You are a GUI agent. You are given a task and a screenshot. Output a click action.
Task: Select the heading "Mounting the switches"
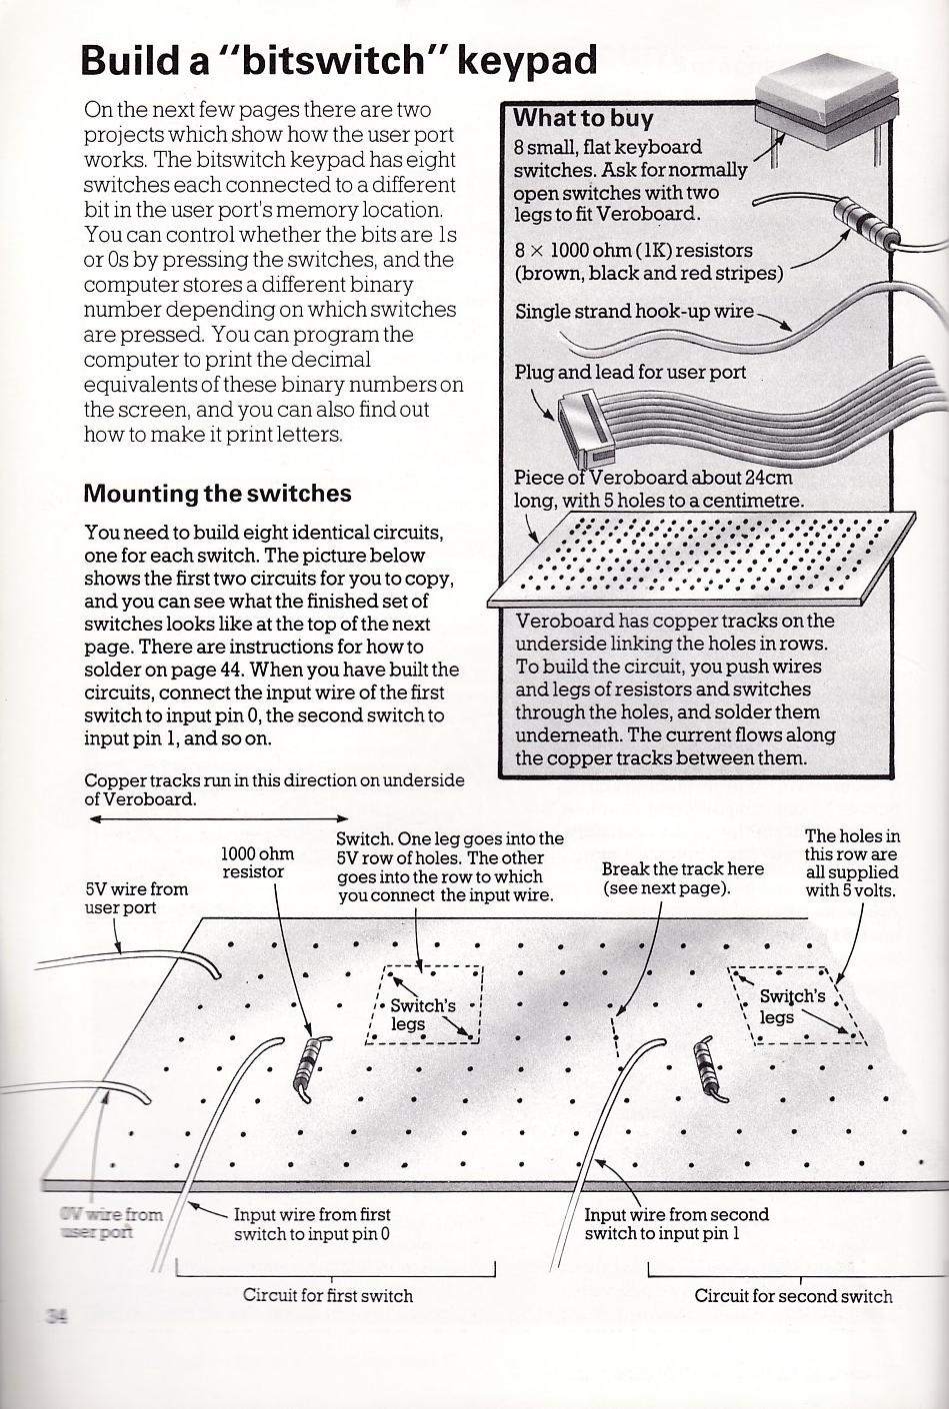[217, 494]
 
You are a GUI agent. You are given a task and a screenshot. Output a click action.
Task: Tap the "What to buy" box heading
[583, 118]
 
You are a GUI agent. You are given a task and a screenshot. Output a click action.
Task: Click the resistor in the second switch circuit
[710, 1070]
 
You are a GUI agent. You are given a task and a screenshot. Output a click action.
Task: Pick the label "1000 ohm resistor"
[257, 862]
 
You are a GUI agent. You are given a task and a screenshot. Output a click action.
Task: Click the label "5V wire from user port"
[136, 897]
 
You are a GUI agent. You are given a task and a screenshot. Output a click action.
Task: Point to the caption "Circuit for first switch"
[327, 1295]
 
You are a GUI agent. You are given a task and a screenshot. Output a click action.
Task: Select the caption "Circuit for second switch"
[793, 1296]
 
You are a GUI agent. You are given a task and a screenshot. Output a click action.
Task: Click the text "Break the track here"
[682, 869]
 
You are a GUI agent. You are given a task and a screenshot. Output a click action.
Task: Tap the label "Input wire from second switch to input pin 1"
[676, 1223]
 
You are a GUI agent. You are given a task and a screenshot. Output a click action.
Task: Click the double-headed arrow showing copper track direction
[218, 818]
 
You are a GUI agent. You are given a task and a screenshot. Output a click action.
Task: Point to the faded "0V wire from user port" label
[111, 1223]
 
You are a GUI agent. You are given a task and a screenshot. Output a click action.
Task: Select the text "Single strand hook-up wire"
[634, 312]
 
